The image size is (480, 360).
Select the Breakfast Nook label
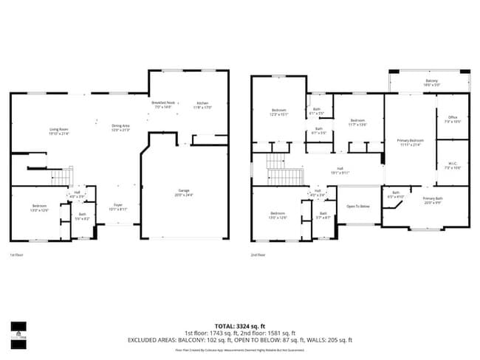pos(163,103)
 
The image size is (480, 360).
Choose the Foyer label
pos(118,205)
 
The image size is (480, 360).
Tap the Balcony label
pos(431,80)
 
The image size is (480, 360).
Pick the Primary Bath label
pos(432,198)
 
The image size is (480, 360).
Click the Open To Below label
pos(358,206)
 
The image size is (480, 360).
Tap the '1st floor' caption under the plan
pos(16,255)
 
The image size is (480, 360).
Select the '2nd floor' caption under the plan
pos(258,255)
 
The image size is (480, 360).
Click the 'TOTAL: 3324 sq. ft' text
pos(240,325)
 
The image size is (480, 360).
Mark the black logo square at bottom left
pos(18,328)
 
